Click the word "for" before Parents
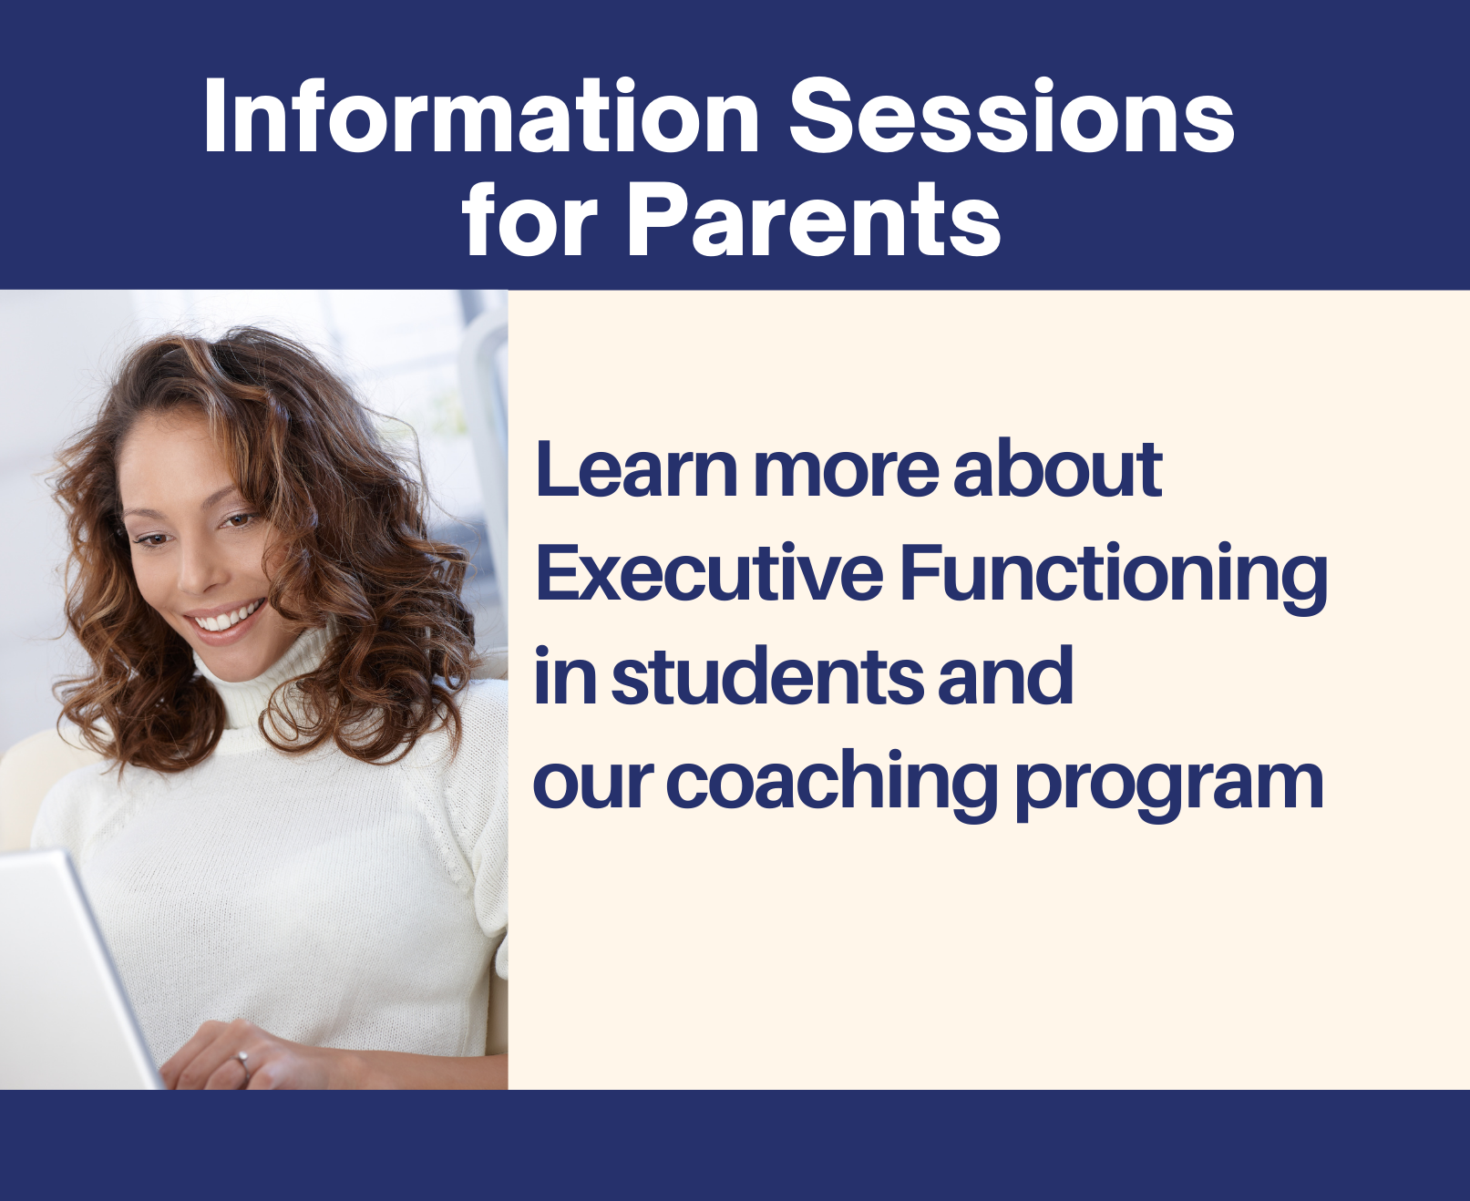coord(529,221)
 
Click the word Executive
coord(709,574)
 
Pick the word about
coord(1057,470)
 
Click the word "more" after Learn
coord(845,472)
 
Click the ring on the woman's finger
coord(242,1059)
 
